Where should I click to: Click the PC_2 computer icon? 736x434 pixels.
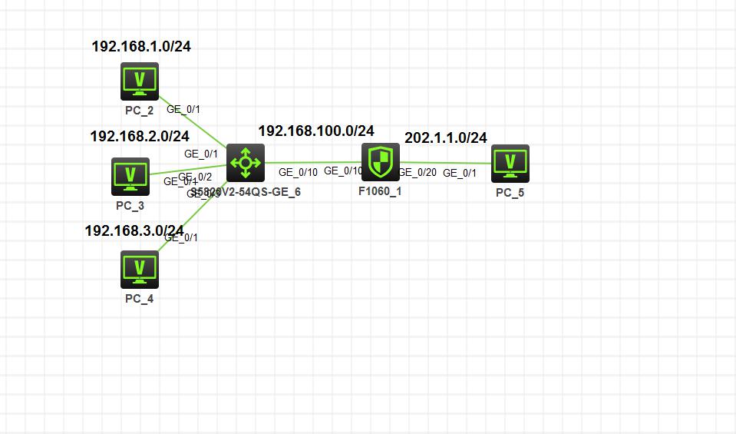point(139,81)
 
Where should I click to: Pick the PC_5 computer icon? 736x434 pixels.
point(510,163)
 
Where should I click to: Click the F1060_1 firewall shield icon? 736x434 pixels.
point(381,162)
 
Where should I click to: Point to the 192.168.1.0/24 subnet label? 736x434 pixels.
point(141,46)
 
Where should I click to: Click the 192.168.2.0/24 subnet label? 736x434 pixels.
point(140,136)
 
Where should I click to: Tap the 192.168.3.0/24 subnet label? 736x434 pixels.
point(134,230)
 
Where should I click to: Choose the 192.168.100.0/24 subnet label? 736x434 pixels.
point(316,131)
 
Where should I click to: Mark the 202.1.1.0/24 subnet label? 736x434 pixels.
point(446,137)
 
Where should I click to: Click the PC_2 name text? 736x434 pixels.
point(139,110)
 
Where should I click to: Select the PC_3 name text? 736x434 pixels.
point(130,206)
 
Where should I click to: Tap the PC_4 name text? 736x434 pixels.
point(139,299)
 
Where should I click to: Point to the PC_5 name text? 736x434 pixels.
point(510,193)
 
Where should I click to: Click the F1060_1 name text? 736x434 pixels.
point(380,191)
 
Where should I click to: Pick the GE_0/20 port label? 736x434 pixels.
point(418,173)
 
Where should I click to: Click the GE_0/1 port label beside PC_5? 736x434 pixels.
point(460,173)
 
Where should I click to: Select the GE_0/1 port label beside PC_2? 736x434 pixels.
point(183,110)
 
